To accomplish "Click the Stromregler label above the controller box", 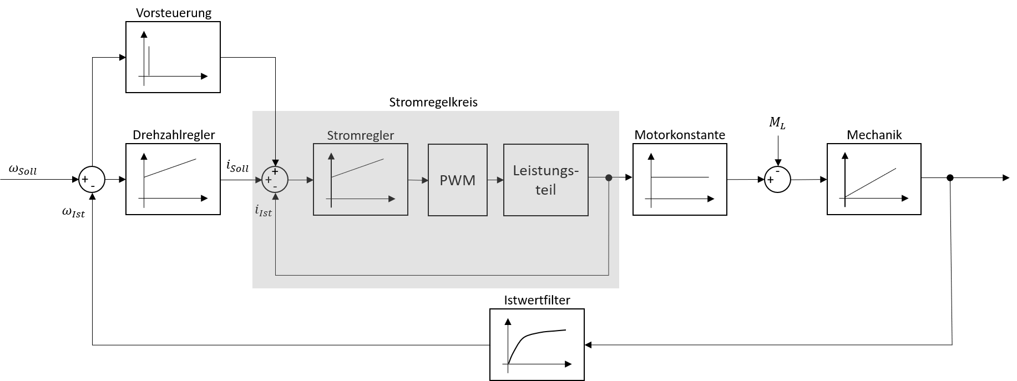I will pos(360,135).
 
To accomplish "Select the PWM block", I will pos(457,180).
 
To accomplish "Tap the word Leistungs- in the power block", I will pos(545,171).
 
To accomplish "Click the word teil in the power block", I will pos(545,190).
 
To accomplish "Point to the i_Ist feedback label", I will pos(264,211).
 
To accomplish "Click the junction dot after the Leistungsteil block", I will pos(609,177).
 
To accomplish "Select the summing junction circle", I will pos(275,180).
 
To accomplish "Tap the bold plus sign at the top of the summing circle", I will pos(275,171).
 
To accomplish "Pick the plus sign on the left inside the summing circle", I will pos(269,180).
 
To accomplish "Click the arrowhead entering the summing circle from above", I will pos(275,163).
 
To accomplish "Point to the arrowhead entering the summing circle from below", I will pos(275,196).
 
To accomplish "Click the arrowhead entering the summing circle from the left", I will pos(258,180).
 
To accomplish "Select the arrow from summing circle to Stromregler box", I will pos(301,180).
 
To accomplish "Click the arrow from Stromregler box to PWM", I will pos(418,180).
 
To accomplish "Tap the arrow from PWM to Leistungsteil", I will pos(495,180).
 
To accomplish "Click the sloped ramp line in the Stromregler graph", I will pos(357,168).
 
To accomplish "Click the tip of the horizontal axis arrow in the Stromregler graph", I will pos(393,199).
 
